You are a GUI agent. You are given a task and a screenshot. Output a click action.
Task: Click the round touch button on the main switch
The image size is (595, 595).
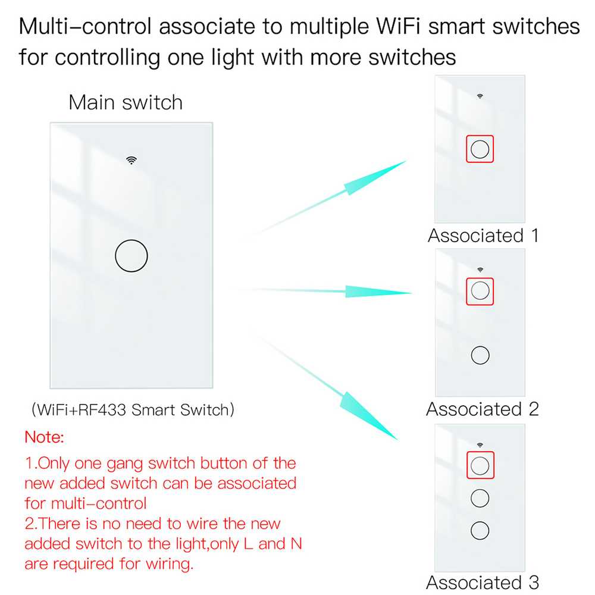coord(131,256)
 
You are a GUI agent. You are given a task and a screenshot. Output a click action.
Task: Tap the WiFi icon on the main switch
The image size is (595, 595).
coord(131,159)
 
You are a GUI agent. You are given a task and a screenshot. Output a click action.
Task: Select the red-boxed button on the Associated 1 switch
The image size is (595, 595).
coord(480,149)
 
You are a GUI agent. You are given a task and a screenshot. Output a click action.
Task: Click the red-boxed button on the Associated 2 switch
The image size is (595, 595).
coord(480,290)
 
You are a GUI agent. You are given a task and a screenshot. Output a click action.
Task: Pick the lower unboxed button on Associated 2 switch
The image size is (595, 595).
coord(480,355)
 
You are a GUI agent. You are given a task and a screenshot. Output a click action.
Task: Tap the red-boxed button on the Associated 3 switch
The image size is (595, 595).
coord(480,465)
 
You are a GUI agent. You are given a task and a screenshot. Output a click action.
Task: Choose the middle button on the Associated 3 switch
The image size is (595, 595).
coord(480,497)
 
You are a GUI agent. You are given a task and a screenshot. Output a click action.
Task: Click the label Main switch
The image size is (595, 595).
coord(126,102)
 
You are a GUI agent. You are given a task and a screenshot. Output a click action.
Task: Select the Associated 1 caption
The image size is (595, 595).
coord(483,236)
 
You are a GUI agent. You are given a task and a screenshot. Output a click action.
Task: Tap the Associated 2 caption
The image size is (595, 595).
coord(483,409)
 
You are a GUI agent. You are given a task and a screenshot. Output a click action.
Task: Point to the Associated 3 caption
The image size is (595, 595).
coord(483,582)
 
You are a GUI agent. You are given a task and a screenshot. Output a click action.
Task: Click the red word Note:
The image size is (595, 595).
coord(43,438)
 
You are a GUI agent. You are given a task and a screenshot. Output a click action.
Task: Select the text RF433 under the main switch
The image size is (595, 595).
coord(109,410)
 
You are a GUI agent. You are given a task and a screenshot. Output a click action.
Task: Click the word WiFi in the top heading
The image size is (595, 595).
coord(389,27)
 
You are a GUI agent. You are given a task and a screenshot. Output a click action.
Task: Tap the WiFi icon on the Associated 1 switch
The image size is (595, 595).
coord(480,95)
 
